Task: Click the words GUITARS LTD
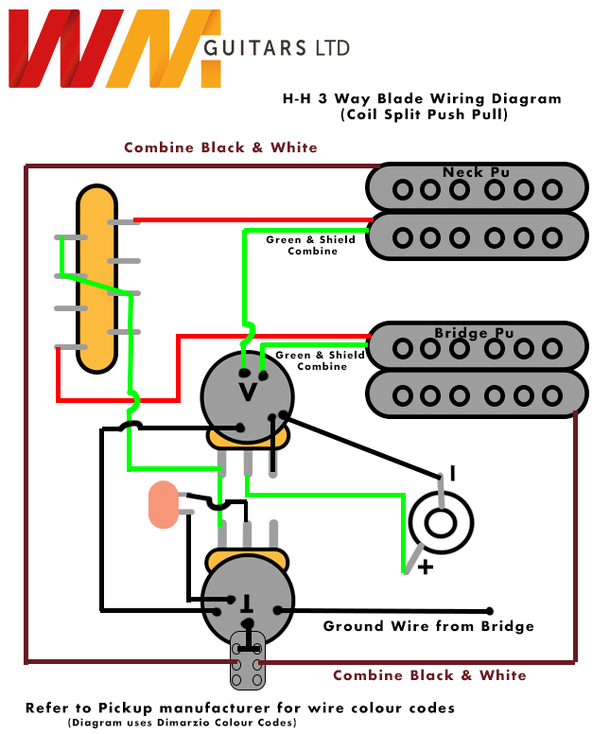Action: pos(276,47)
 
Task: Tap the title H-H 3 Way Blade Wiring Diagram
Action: pos(422,98)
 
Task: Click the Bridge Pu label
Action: pos(475,333)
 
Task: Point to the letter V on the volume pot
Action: pos(247,391)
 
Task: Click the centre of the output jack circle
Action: pos(441,524)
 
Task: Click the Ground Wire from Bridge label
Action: pos(428,626)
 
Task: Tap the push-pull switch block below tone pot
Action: pos(248,663)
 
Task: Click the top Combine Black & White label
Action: pos(220,148)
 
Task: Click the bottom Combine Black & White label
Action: pos(429,675)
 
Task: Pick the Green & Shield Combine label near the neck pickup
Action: pos(311,245)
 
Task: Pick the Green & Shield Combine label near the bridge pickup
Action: pos(320,360)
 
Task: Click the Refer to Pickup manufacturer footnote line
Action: pos(239,708)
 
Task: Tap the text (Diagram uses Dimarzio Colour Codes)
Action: pos(182,723)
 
